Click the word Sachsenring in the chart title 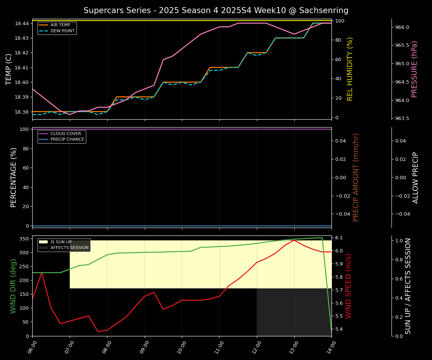pyautogui.click(x=327, y=10)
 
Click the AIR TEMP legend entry pyautogui.click(x=60, y=25)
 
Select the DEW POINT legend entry pyautogui.click(x=62, y=31)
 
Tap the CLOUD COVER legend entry pyautogui.click(x=66, y=133)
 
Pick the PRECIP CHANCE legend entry pyautogui.click(x=67, y=139)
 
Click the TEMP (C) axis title pyautogui.click(x=9, y=69)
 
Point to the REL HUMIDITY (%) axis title pyautogui.click(x=350, y=69)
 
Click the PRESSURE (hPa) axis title pyautogui.click(x=414, y=69)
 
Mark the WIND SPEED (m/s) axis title pyautogui.click(x=348, y=286)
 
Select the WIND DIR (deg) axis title pyautogui.click(x=13, y=286)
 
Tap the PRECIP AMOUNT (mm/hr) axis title pyautogui.click(x=356, y=177)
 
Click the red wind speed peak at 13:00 pyautogui.click(x=294, y=240)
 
